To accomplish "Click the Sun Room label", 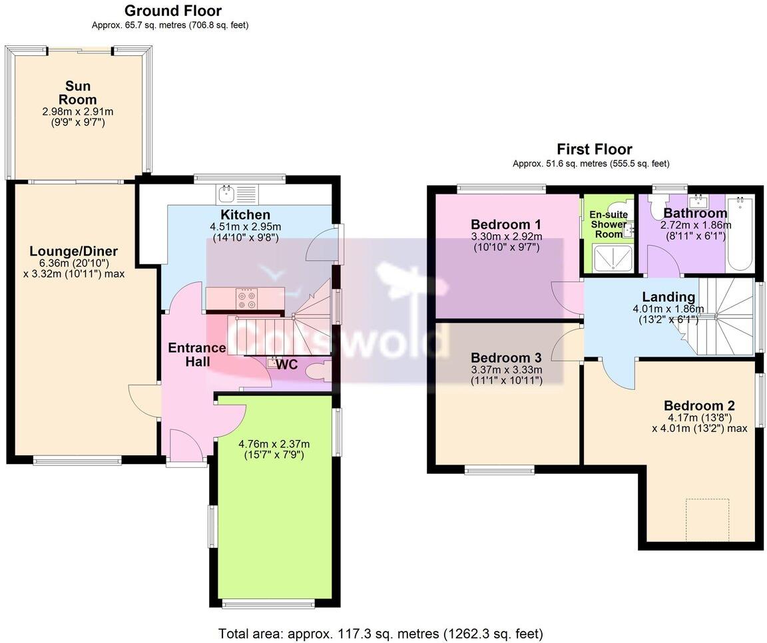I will [x=78, y=93].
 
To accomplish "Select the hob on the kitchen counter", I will [x=246, y=298].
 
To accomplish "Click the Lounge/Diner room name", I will [x=73, y=252].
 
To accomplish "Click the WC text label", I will [x=287, y=365].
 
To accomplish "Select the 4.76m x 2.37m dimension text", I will [x=274, y=444].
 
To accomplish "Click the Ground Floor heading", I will [x=173, y=11].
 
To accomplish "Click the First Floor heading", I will [x=594, y=149].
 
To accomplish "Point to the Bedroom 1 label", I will [x=506, y=224].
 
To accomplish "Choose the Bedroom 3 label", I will [x=506, y=357].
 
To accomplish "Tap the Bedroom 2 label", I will [x=698, y=405].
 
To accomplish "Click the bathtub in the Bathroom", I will [x=740, y=233].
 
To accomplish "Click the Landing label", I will [x=668, y=297].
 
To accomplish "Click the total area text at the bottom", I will [x=380, y=633].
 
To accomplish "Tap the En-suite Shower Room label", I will [x=609, y=224].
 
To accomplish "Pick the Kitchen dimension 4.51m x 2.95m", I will [x=245, y=226].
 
